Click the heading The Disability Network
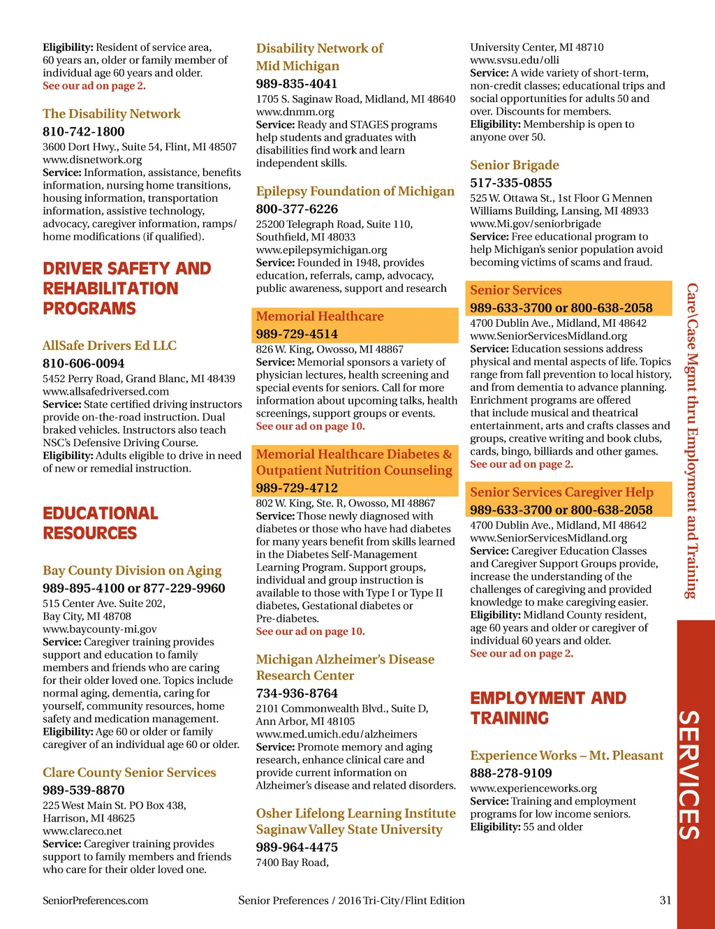(112, 114)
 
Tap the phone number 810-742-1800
(84, 131)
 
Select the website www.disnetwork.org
(92, 159)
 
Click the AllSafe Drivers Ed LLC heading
(110, 346)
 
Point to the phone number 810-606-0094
(84, 363)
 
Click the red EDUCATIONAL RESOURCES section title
(100, 523)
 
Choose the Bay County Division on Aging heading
(132, 571)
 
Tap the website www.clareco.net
(82, 831)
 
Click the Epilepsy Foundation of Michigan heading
(355, 191)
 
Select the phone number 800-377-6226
(297, 209)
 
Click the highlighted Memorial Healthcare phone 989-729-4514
(297, 334)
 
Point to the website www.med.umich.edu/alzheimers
(337, 734)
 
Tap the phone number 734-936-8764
(297, 694)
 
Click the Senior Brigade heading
(515, 166)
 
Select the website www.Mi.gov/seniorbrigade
(536, 224)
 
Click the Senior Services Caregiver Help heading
(561, 492)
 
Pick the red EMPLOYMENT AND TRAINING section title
(548, 708)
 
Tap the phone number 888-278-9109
(511, 773)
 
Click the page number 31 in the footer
(665, 900)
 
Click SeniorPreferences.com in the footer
(96, 900)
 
